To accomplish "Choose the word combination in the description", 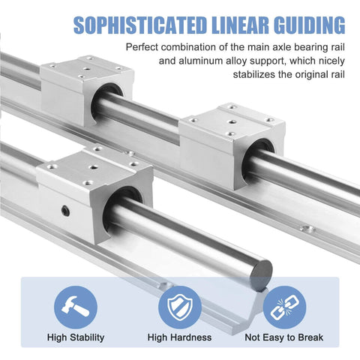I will (199, 47).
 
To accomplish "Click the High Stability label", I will (75, 338).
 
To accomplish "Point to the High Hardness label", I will (179, 338).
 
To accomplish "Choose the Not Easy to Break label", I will (284, 338).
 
